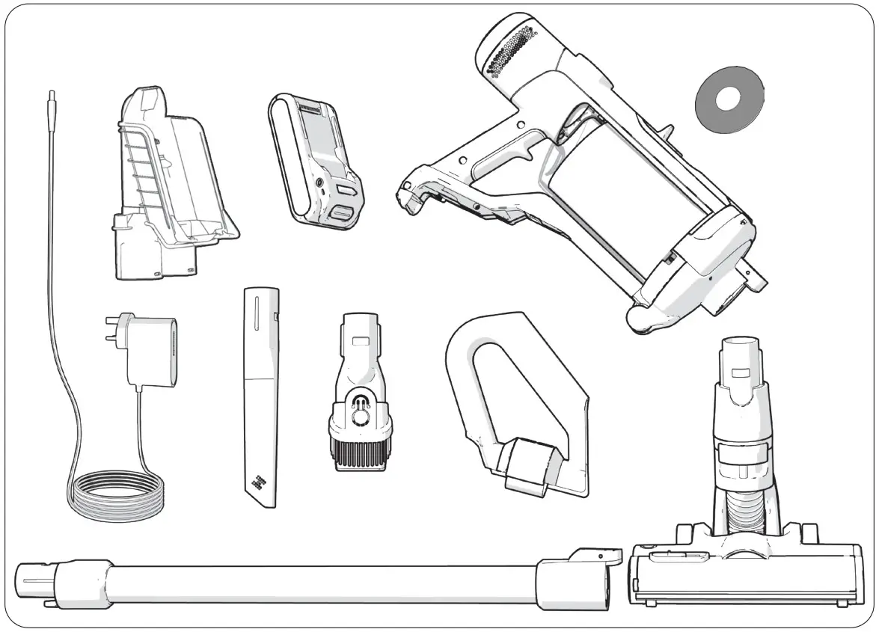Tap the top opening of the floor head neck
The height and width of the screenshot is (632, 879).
(741, 346)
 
